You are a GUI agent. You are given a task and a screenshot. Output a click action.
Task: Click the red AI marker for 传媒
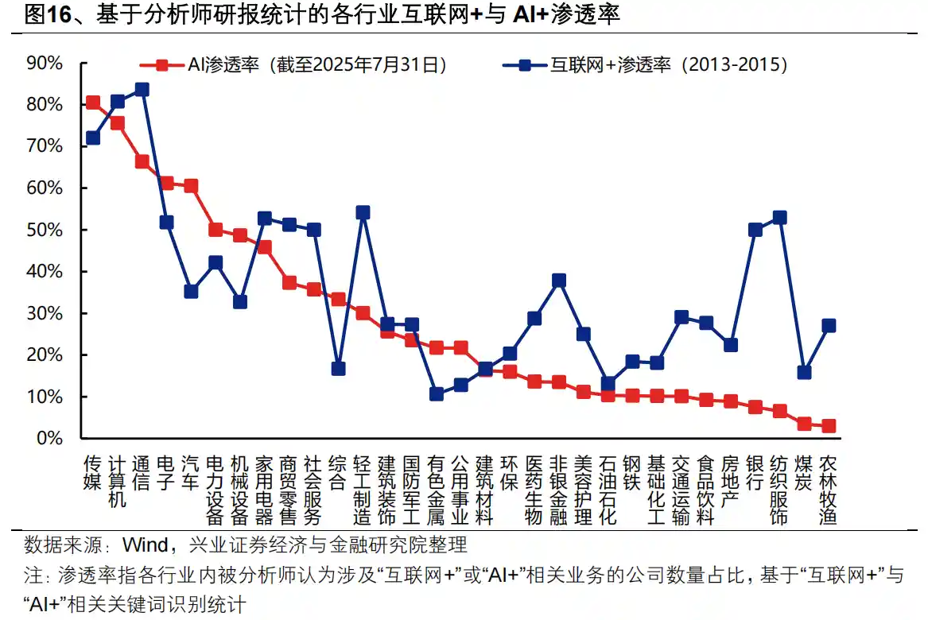(93, 103)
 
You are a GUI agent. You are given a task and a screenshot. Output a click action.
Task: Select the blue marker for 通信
(142, 90)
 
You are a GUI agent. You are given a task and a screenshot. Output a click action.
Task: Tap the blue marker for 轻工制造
(363, 212)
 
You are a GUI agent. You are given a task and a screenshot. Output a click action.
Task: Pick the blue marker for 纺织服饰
(779, 217)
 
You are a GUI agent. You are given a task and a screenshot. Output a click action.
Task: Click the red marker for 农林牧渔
(829, 426)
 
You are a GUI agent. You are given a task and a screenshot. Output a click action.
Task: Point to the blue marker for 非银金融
(559, 281)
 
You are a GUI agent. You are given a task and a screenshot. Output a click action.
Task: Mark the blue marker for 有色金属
(436, 393)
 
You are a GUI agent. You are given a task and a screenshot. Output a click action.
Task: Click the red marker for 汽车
(191, 186)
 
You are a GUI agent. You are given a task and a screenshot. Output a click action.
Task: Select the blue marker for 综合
(338, 369)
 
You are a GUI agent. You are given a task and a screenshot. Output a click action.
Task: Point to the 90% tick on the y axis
(45, 63)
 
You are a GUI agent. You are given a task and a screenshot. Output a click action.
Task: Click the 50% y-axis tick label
(45, 230)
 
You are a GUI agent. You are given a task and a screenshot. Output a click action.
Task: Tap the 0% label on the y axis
(49, 438)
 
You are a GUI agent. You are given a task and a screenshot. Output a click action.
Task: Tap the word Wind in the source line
(144, 545)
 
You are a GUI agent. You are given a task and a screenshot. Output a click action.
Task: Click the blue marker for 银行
(755, 230)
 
